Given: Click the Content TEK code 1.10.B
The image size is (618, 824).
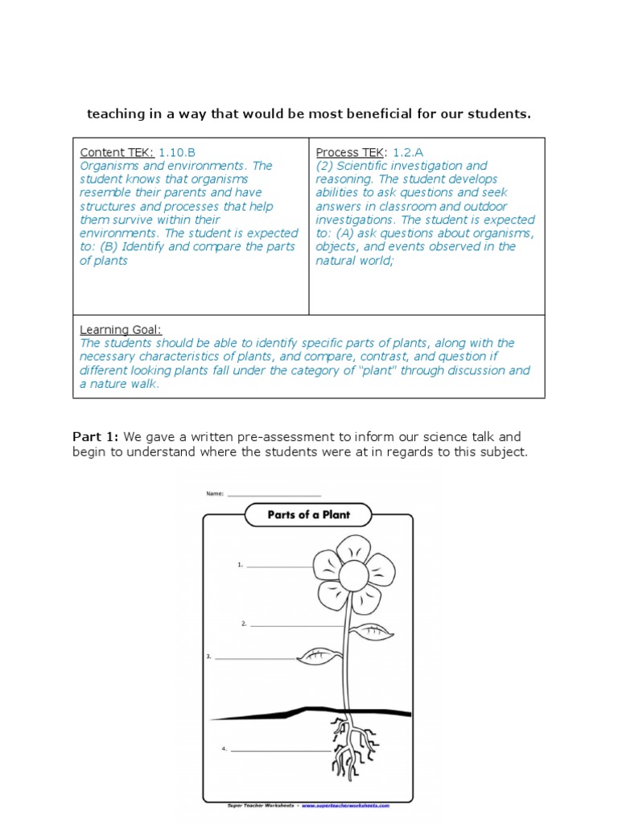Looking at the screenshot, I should pyautogui.click(x=177, y=152).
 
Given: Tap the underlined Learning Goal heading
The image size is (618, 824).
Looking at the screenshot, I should pyautogui.click(x=121, y=329).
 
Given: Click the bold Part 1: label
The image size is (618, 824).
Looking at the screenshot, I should pyautogui.click(x=96, y=437).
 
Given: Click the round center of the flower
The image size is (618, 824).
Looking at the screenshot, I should pyautogui.click(x=352, y=575).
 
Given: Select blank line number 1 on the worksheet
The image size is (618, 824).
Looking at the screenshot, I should pyautogui.click(x=278, y=566).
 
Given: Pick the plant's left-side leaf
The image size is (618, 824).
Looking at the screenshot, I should pyautogui.click(x=319, y=657).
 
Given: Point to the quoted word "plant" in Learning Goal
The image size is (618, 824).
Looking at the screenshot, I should pyautogui.click(x=376, y=370).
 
